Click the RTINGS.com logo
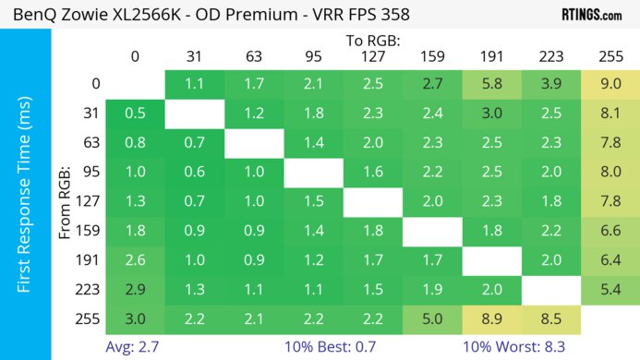click(x=591, y=15)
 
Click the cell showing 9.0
click(x=610, y=83)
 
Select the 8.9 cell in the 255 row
click(x=491, y=319)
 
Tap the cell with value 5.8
click(x=491, y=83)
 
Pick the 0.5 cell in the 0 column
click(x=135, y=113)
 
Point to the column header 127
click(x=372, y=56)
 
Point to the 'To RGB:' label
click(x=372, y=41)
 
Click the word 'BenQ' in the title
click(x=35, y=16)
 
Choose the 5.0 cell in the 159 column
click(x=432, y=319)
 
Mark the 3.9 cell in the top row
click(x=551, y=83)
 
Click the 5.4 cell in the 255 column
click(x=610, y=290)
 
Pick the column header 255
click(x=610, y=56)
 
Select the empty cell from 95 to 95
click(x=313, y=172)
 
